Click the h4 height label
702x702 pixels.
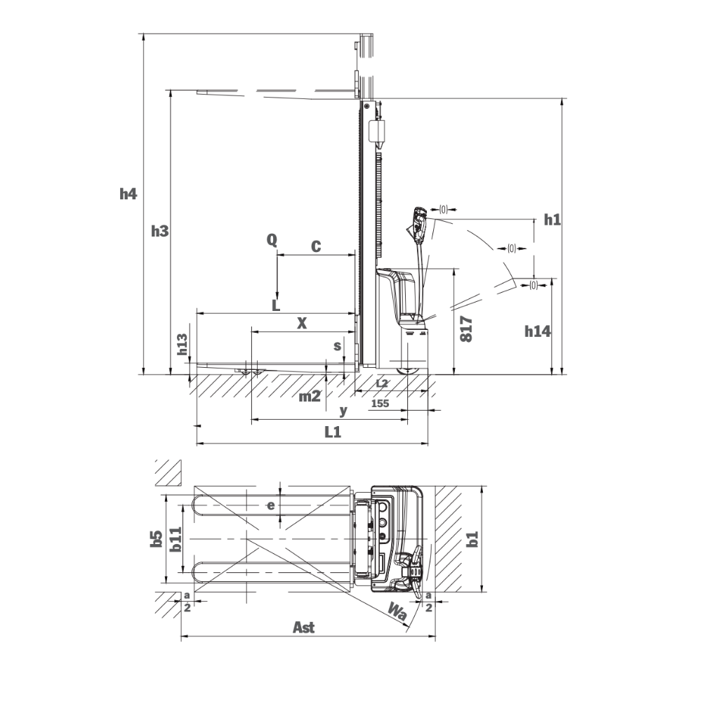pyautogui.click(x=127, y=194)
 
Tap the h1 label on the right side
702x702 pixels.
pyautogui.click(x=552, y=220)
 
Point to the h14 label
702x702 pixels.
pyautogui.click(x=537, y=331)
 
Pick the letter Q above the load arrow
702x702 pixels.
pyautogui.click(x=272, y=240)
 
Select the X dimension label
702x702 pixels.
pyautogui.click(x=302, y=323)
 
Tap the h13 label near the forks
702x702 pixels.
pyautogui.click(x=182, y=346)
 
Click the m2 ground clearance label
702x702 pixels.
pyautogui.click(x=310, y=397)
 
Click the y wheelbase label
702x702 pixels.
pyautogui.click(x=343, y=409)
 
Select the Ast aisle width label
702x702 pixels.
pyautogui.click(x=303, y=628)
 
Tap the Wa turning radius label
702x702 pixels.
pyautogui.click(x=398, y=614)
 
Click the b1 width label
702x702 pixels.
pyautogui.click(x=473, y=538)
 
